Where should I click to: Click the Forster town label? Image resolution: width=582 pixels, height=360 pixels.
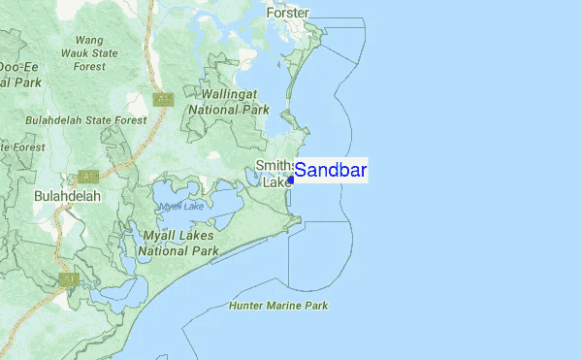(289, 13)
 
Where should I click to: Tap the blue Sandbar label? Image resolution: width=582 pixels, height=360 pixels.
(330, 172)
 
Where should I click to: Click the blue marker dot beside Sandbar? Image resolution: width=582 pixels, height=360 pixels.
(291, 179)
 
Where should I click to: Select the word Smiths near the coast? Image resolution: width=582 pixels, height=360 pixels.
(275, 165)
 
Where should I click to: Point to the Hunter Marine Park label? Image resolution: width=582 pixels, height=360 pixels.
(278, 306)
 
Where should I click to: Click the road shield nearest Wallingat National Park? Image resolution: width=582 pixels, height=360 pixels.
(163, 99)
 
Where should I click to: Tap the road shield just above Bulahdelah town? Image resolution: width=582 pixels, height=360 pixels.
(89, 177)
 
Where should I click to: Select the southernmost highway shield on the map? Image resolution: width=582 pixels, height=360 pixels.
(68, 279)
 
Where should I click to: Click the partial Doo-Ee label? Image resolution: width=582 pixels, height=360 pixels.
(18, 67)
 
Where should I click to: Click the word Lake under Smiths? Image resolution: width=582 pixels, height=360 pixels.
(277, 181)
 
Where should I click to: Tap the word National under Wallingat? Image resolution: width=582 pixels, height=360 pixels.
(214, 110)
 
